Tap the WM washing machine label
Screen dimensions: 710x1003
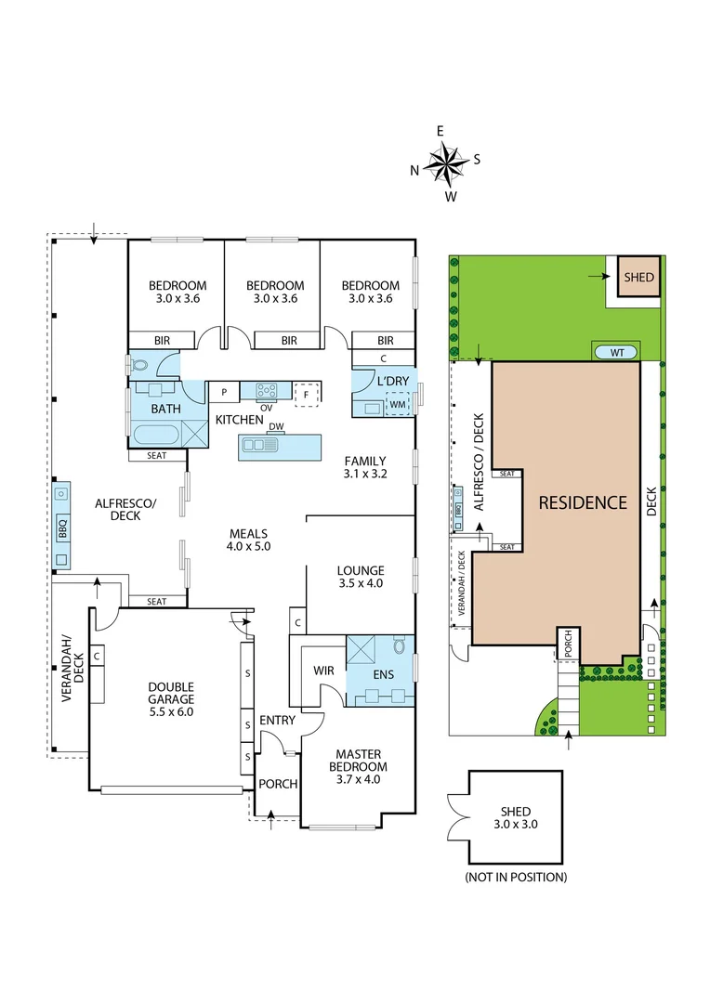pyautogui.click(x=398, y=405)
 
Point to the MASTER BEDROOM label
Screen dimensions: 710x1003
pyautogui.click(x=361, y=766)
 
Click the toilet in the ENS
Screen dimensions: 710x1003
pyautogui.click(x=400, y=645)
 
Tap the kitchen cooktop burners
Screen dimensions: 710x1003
pyautogui.click(x=267, y=390)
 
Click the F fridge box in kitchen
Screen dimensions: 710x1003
pyautogui.click(x=306, y=393)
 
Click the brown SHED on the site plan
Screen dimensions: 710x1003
pyautogui.click(x=638, y=277)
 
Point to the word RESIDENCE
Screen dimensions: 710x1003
pyautogui.click(x=584, y=502)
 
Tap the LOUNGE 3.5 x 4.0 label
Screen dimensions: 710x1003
pyautogui.click(x=361, y=577)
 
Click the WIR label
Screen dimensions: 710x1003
pyautogui.click(x=324, y=670)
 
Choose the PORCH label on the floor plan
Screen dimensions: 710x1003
pyautogui.click(x=278, y=784)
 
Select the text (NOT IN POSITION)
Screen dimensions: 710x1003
pyautogui.click(x=516, y=876)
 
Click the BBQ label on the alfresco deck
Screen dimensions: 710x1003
pyautogui.click(x=63, y=530)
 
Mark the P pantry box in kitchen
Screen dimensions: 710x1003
pyautogui.click(x=224, y=393)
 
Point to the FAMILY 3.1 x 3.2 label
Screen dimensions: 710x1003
pyautogui.click(x=364, y=467)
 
